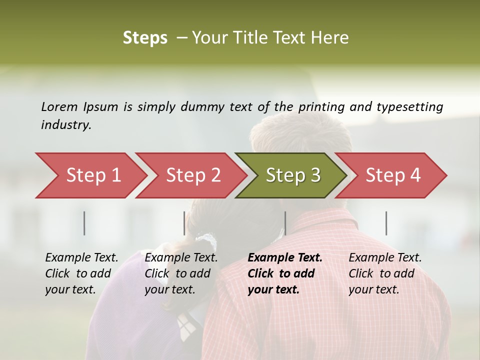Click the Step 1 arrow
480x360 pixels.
coord(93,175)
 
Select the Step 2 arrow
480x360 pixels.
coord(193,175)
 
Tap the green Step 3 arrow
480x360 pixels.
coord(293,175)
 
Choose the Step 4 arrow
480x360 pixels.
coord(393,175)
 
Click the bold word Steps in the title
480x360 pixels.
coord(145,38)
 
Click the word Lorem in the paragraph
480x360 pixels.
coord(59,106)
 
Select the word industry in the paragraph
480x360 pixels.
coord(66,125)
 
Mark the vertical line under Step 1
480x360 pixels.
coord(84,223)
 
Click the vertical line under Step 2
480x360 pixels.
coord(184,223)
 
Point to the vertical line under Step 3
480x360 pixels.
coord(285,223)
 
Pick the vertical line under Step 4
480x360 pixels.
coord(386,223)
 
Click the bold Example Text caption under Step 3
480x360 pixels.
coord(285,273)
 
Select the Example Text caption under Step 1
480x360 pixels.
coord(81,273)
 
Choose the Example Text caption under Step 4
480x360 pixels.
coord(385,273)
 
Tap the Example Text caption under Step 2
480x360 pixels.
coord(181,273)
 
